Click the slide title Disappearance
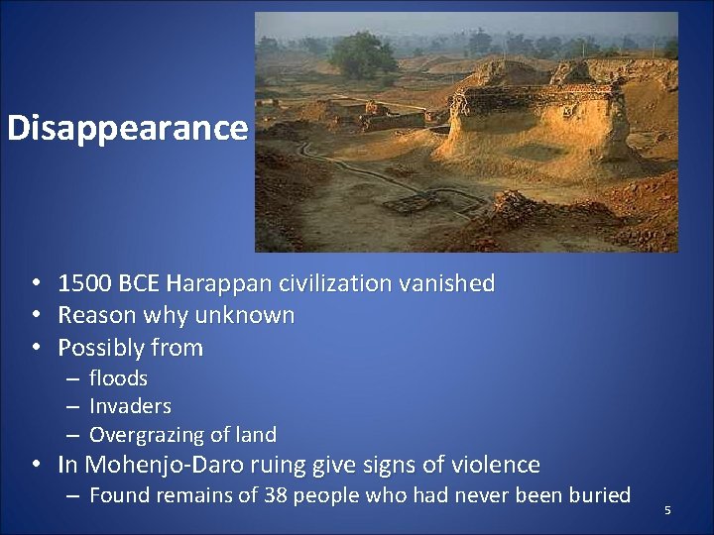(128, 129)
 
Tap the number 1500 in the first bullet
(84, 283)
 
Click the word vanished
(446, 283)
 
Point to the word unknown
(245, 315)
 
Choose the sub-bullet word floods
(118, 378)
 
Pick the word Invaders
(130, 406)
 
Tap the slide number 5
(667, 510)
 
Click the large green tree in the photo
(363, 55)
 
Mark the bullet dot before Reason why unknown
(37, 315)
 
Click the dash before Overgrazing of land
(72, 436)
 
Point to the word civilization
(335, 283)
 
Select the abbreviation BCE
(139, 283)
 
